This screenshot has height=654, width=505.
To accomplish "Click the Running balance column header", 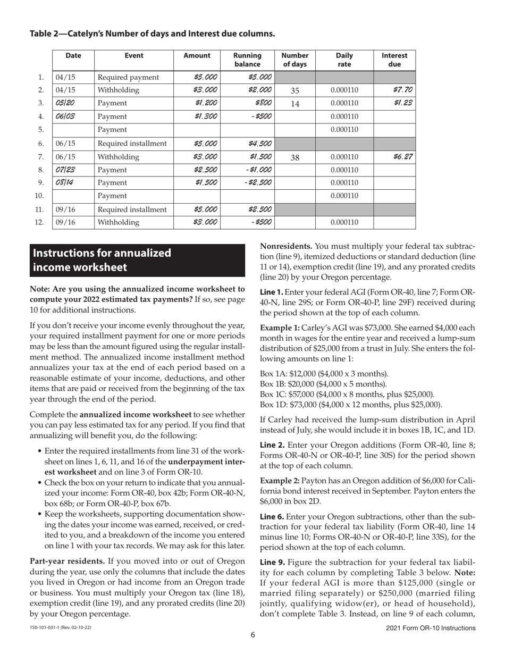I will click(x=247, y=60).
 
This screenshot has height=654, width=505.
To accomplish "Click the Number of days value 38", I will click(x=295, y=157).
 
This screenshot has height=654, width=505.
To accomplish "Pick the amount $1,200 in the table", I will click(x=206, y=103).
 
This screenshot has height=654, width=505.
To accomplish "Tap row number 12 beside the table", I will click(x=39, y=222).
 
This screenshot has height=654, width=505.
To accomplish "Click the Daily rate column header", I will click(x=344, y=60).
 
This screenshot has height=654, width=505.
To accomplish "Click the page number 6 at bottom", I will click(x=253, y=634).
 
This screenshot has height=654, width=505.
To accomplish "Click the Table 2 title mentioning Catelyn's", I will click(x=152, y=33).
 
